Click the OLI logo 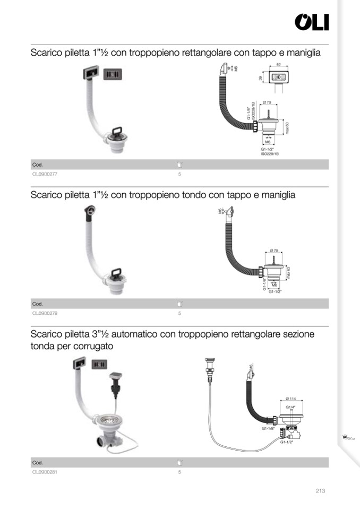pos(312,22)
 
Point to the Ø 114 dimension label pos(291,399)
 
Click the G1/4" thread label pos(291,407)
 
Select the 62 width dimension pos(278,65)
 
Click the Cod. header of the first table pos(38,165)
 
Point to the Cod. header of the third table pos(38,463)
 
